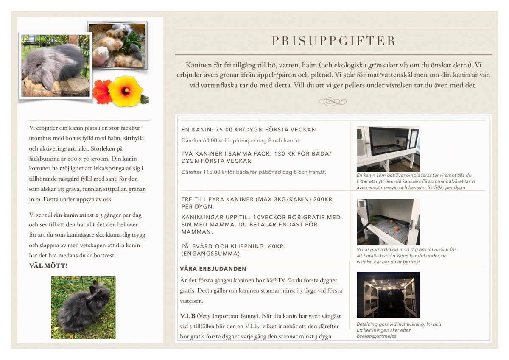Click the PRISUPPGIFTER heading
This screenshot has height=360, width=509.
[x=333, y=41]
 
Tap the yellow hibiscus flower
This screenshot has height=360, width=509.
[x=126, y=91]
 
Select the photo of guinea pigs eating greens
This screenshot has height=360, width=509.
[x=117, y=45]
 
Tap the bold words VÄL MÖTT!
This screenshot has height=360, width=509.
[x=48, y=265]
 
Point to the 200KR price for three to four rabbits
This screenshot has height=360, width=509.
[x=323, y=199]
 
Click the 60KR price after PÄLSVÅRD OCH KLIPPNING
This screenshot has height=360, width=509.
[x=276, y=246]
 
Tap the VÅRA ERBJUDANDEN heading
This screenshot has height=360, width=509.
[x=213, y=269]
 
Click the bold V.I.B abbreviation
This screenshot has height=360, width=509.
[x=187, y=316]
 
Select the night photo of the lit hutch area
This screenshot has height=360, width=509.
[x=388, y=295]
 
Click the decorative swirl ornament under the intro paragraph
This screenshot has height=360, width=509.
[x=333, y=101]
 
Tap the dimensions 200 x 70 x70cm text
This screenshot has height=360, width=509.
[x=87, y=159]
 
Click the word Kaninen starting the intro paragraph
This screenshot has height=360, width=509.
[x=199, y=65]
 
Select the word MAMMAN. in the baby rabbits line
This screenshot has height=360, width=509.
[x=197, y=232]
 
